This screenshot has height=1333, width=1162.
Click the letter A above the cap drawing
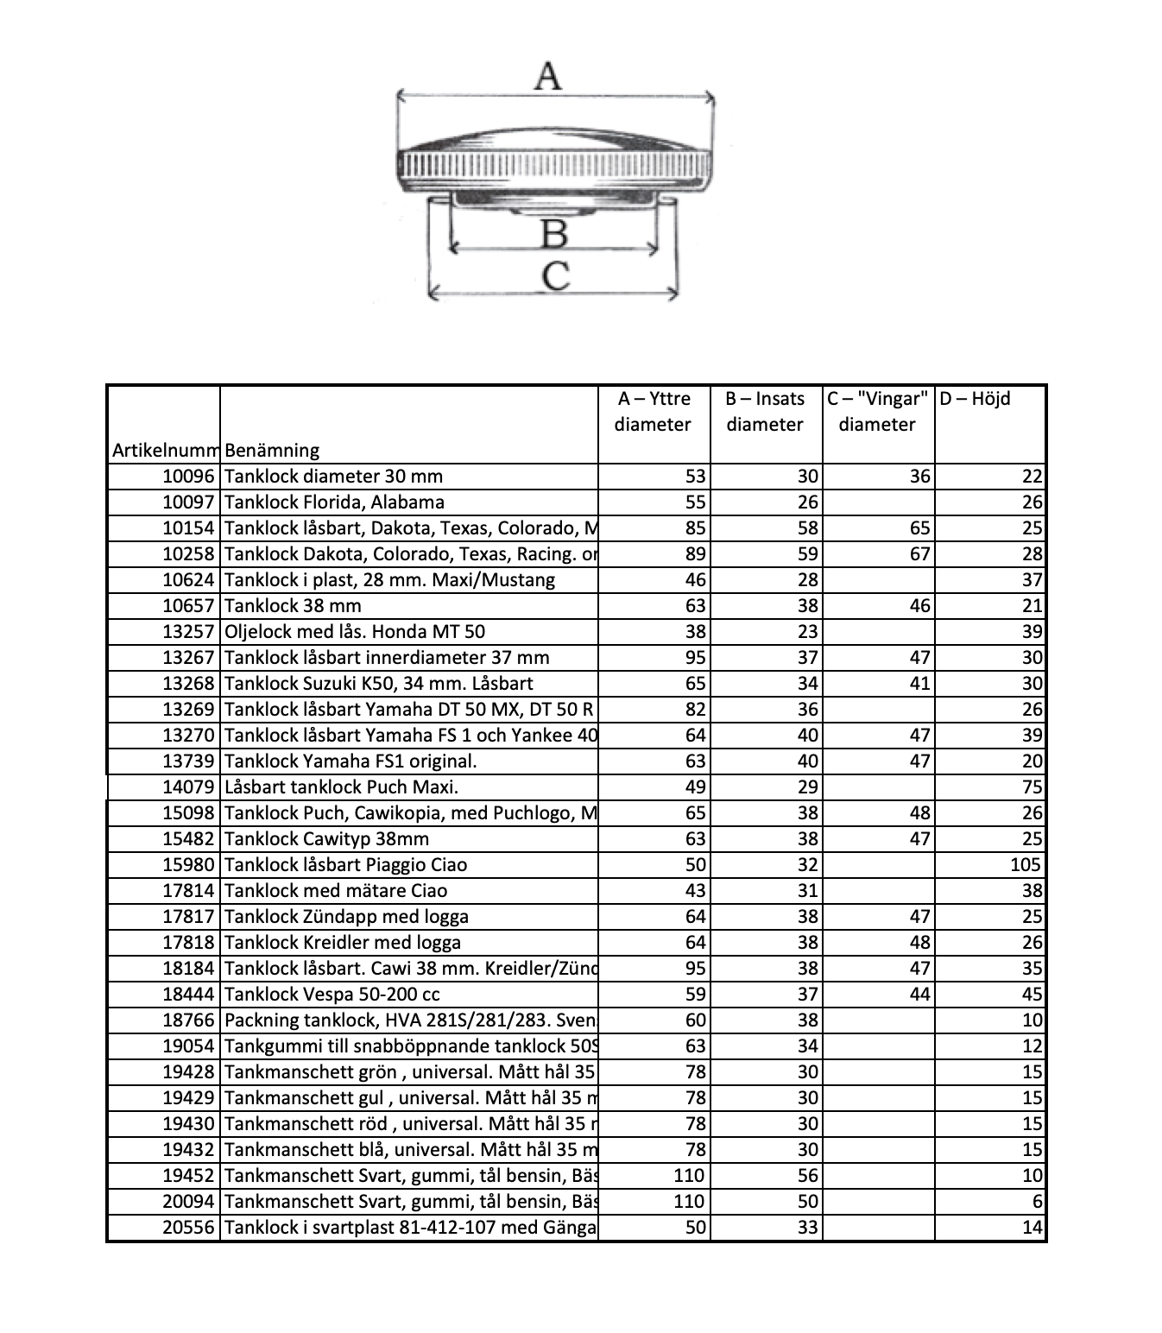pos(547,76)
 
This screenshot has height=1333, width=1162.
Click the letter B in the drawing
pos(553,234)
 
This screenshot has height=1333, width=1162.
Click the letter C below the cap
pos(556,276)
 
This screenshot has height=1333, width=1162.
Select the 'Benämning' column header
pos(272,450)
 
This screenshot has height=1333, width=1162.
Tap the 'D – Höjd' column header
pos(975,399)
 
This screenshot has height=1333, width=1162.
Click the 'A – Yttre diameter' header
pos(654,411)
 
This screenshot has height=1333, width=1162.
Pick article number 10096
pos(188,477)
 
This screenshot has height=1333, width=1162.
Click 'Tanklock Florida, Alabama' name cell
pos(334,502)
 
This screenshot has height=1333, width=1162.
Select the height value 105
pos(1026,865)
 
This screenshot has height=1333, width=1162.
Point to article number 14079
pos(188,787)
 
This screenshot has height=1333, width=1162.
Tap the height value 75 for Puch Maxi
pos(1033,787)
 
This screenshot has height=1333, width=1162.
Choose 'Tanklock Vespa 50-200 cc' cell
pos(332,995)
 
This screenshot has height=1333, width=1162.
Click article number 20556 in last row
pos(188,1228)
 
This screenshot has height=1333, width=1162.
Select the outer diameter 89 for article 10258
pos(695,554)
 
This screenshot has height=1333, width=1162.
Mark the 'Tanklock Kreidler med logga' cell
pos(343,943)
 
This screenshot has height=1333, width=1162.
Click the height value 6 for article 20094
pos(1038,1202)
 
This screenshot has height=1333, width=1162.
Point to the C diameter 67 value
pos(919,554)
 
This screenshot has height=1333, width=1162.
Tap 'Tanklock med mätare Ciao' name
pos(336,891)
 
